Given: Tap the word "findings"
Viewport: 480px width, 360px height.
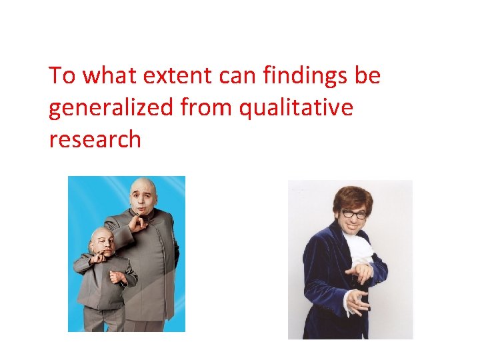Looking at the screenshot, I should [302, 76].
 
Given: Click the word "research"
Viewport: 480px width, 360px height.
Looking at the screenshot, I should [95, 139].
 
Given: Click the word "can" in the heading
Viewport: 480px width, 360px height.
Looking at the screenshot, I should [238, 76].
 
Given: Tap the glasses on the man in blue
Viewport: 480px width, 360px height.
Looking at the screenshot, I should [355, 215].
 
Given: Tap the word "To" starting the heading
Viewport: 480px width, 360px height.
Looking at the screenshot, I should [62, 76].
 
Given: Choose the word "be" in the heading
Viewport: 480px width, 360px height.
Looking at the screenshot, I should [367, 76].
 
